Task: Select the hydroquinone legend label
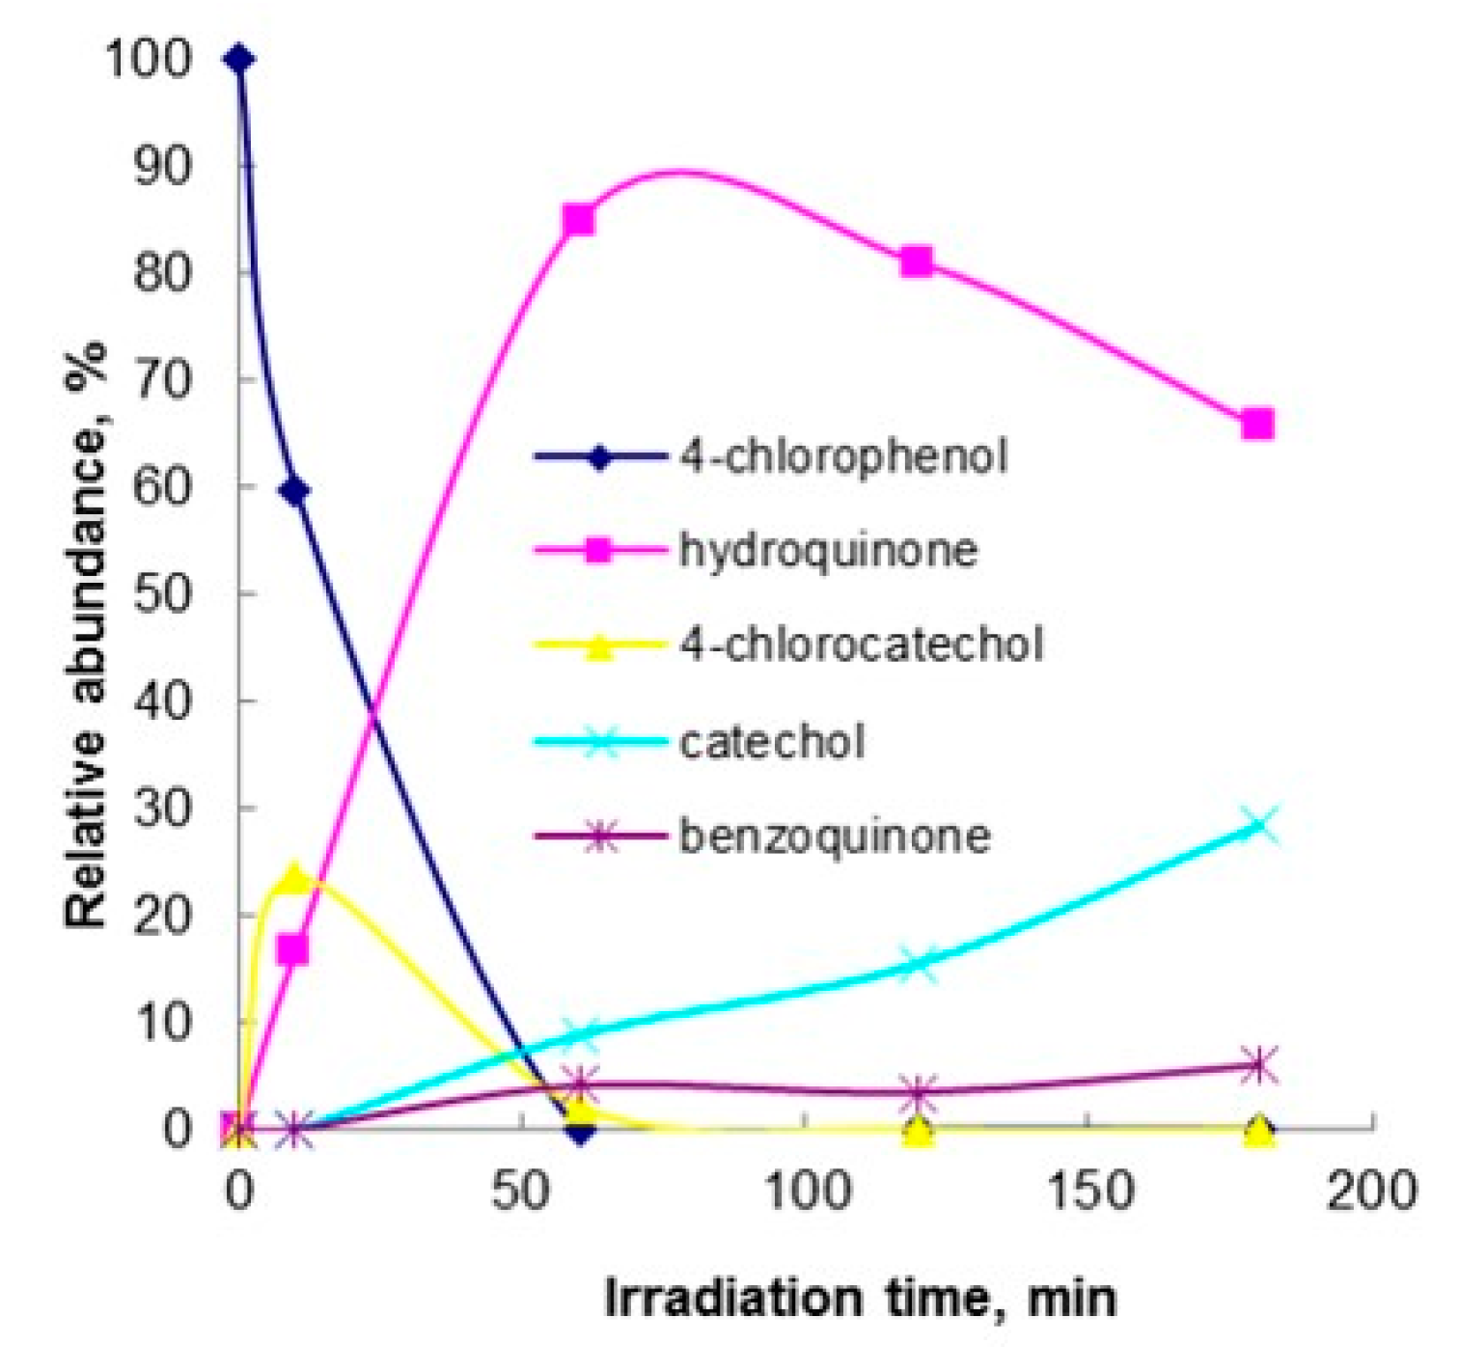[x=828, y=551]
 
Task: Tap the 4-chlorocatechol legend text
[x=861, y=645]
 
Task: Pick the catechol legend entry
[x=772, y=742]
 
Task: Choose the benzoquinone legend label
[x=835, y=836]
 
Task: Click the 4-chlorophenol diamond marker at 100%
[x=239, y=60]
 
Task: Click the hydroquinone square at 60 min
[x=578, y=221]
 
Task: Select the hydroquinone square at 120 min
[x=917, y=262]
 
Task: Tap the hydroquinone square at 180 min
[x=1257, y=425]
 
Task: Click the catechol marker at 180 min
[x=1259, y=826]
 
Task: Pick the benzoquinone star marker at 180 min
[x=1259, y=1065]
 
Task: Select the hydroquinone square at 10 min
[x=293, y=950]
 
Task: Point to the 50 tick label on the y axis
[x=163, y=592]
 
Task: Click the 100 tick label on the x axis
[x=807, y=1193]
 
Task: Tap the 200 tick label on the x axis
[x=1371, y=1193]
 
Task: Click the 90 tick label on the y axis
[x=163, y=165]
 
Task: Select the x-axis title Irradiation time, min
[x=860, y=1299]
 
